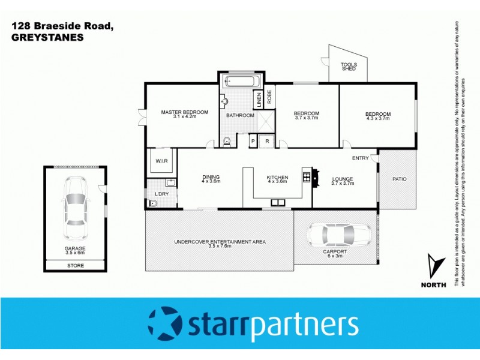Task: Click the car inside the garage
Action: point(76,202)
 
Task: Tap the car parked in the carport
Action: point(338,234)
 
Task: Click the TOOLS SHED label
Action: point(349,66)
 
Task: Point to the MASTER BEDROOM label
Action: point(185,112)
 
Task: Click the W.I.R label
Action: point(161,161)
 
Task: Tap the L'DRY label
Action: point(161,194)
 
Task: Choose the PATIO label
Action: point(400,178)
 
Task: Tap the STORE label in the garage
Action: point(76,265)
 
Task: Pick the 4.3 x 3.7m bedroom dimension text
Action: point(378,118)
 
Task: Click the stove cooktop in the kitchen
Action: point(306,177)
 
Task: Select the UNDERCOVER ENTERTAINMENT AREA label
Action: point(220,242)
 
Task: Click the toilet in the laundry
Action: point(152,204)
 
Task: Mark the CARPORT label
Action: point(335,251)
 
